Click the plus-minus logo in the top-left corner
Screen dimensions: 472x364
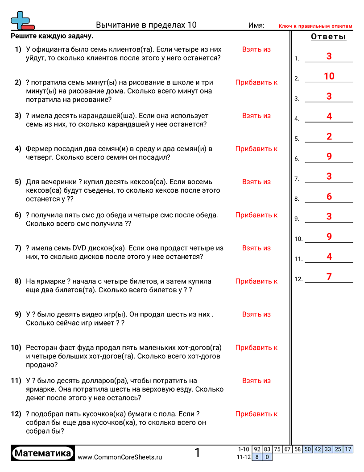22,21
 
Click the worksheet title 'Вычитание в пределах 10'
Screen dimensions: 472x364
146,25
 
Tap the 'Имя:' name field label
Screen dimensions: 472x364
256,25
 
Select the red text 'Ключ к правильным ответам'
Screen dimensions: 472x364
315,26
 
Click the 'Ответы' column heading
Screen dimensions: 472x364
328,37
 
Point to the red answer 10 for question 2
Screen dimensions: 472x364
329,76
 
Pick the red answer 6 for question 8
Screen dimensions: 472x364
329,197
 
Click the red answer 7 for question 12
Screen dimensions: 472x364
329,277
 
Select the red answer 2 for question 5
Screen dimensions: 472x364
329,137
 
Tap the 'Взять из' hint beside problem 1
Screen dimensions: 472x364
256,50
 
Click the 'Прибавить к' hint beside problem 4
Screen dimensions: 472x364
256,149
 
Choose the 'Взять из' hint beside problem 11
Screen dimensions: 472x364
256,381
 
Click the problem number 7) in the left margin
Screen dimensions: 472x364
18,248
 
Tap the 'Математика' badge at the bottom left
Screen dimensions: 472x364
43,454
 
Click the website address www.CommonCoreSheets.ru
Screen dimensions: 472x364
120,457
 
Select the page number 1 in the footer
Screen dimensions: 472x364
197,453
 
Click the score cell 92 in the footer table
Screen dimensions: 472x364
256,449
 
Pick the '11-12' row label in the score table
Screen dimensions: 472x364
243,457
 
